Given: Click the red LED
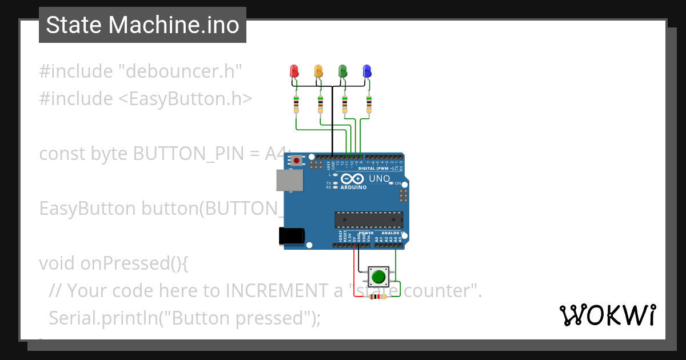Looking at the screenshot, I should pyautogui.click(x=294, y=71).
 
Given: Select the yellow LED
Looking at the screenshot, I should pyautogui.click(x=319, y=71).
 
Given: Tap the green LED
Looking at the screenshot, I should pyautogui.click(x=343, y=71).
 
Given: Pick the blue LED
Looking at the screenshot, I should pyautogui.click(x=368, y=71).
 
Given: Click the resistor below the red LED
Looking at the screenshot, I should pyautogui.click(x=296, y=105).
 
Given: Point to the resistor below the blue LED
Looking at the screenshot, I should pyautogui.click(x=369, y=105).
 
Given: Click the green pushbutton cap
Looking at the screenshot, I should pyautogui.click(x=378, y=277).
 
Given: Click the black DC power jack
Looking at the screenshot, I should pyautogui.click(x=290, y=236).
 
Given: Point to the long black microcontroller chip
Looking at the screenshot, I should pyautogui.click(x=369, y=219).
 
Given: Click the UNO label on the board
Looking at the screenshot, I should pyautogui.click(x=380, y=179).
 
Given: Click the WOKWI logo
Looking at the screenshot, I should pyautogui.click(x=607, y=315).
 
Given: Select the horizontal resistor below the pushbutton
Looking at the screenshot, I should pyautogui.click(x=376, y=297).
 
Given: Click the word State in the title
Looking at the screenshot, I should pyautogui.click(x=74, y=25).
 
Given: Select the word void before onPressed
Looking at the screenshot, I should pyautogui.click(x=57, y=263).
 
